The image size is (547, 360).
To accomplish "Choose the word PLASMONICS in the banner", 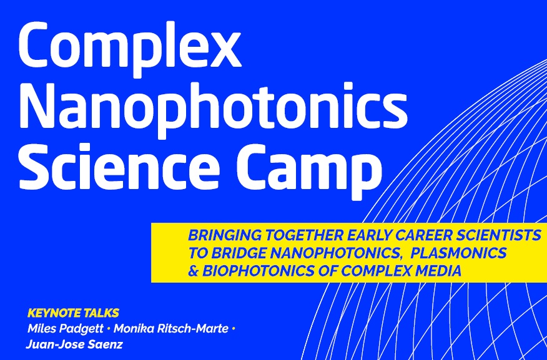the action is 458,253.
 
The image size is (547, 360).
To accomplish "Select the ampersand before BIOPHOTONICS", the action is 194,271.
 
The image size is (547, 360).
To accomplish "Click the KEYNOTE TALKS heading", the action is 73,313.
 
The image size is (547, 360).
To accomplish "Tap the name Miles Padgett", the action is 66,329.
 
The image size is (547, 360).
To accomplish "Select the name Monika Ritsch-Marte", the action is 171,329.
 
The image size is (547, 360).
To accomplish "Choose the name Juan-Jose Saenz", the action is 74,344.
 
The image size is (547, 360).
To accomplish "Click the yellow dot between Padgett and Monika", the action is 109,329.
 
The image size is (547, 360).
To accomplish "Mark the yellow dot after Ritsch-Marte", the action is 234,329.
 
